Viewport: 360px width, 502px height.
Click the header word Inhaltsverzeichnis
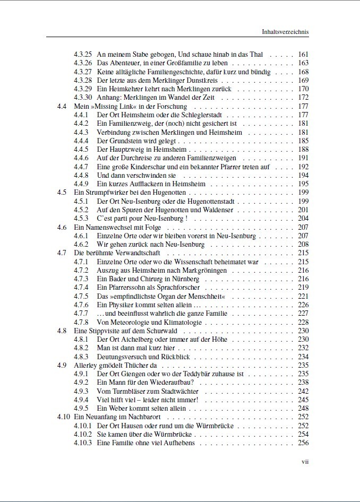pos(285,32)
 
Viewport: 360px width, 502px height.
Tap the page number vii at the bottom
pos(305,462)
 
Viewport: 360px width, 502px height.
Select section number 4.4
pos(62,106)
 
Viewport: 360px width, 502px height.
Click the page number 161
pos(303,55)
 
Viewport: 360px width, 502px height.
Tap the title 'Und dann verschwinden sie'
pos(136,175)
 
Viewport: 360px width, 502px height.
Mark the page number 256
pos(303,443)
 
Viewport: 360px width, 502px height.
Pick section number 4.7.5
pos(81,296)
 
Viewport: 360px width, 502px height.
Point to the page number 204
pos(303,218)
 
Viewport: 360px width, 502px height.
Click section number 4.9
pos(62,365)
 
